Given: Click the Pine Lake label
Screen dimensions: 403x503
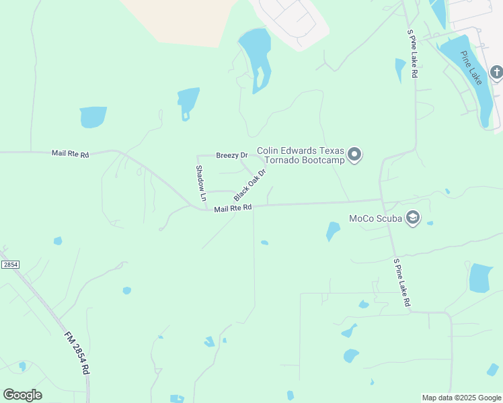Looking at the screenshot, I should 472,67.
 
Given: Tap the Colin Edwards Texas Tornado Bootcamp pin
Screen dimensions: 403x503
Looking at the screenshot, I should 355,155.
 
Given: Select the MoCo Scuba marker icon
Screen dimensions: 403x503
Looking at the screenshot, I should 412,219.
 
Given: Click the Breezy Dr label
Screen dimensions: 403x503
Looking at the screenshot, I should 232,155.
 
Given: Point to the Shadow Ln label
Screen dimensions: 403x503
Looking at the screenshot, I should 200,183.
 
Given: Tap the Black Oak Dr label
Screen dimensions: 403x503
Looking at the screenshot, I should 250,185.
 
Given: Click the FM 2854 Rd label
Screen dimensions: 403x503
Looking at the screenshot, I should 77,353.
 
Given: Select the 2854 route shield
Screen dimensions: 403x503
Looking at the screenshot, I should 10,265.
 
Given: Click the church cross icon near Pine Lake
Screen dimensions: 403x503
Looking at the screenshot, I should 496,72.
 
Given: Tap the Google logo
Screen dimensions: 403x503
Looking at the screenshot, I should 22,394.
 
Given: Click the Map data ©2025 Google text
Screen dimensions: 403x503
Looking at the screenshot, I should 462,398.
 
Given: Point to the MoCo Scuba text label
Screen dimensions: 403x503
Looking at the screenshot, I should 375,219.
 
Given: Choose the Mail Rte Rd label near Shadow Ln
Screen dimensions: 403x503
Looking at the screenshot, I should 233,209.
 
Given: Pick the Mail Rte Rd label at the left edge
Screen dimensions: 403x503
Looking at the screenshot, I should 70,154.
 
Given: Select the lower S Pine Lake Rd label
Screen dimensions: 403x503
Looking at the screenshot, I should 401,282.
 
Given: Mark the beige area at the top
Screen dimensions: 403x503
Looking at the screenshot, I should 182,20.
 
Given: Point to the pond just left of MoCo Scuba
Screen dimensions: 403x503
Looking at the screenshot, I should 333,231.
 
